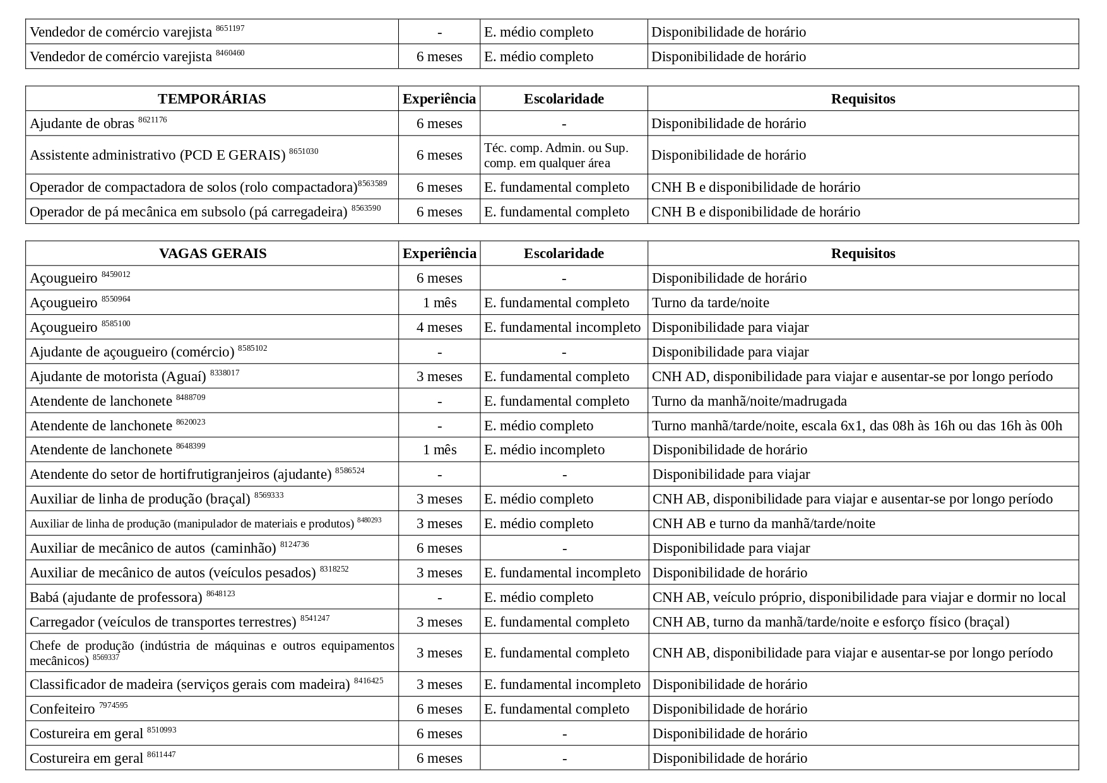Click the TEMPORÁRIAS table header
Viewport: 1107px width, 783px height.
(x=211, y=99)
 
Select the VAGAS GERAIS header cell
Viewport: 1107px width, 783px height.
(x=212, y=254)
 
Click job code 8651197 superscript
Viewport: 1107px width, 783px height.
(x=230, y=28)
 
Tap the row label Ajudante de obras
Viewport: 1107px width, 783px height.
(x=82, y=124)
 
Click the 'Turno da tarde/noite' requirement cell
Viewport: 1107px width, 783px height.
(x=710, y=303)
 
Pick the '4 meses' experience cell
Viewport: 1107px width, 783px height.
(x=439, y=327)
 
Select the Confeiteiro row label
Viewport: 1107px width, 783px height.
(x=62, y=709)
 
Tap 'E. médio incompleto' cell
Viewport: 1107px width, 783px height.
(x=544, y=450)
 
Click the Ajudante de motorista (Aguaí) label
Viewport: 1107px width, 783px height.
(x=118, y=377)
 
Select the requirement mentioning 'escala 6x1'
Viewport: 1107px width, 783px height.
(x=856, y=426)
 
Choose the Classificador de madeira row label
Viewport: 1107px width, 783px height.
(x=189, y=685)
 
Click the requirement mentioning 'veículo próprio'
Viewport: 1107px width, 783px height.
(x=858, y=598)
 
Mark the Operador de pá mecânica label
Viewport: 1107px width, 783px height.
(x=188, y=212)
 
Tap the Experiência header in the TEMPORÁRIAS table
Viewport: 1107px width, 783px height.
(x=439, y=99)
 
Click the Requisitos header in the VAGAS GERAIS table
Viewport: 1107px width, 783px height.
(x=863, y=254)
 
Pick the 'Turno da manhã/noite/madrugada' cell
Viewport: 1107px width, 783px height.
(x=749, y=401)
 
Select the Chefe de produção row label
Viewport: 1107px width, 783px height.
(x=211, y=653)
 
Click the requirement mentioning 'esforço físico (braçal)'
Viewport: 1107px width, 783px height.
(x=831, y=622)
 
